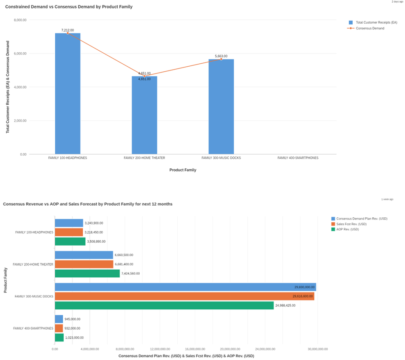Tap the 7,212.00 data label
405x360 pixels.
coord(67,30)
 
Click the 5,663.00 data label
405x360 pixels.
coord(221,56)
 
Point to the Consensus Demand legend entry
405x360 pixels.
coord(370,28)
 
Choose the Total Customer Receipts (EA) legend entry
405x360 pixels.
coord(376,22)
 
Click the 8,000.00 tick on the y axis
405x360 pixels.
coord(20,20)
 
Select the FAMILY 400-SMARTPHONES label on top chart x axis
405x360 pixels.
coord(298,158)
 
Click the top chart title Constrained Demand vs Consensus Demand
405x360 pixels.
coord(69,7)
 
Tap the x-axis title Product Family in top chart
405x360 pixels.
coord(183,170)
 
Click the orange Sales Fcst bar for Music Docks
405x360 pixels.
coord(184,296)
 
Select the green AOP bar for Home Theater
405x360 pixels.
coord(87,273)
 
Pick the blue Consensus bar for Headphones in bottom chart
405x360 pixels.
coord(69,223)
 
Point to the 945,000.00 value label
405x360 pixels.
coord(73,319)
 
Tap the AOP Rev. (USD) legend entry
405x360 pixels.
coord(347,229)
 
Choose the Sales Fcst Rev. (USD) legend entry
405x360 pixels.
coord(351,224)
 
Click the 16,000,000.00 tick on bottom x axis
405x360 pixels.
coord(195,349)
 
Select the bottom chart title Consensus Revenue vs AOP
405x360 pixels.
coord(88,204)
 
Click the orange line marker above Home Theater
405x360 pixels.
coord(144,76)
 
